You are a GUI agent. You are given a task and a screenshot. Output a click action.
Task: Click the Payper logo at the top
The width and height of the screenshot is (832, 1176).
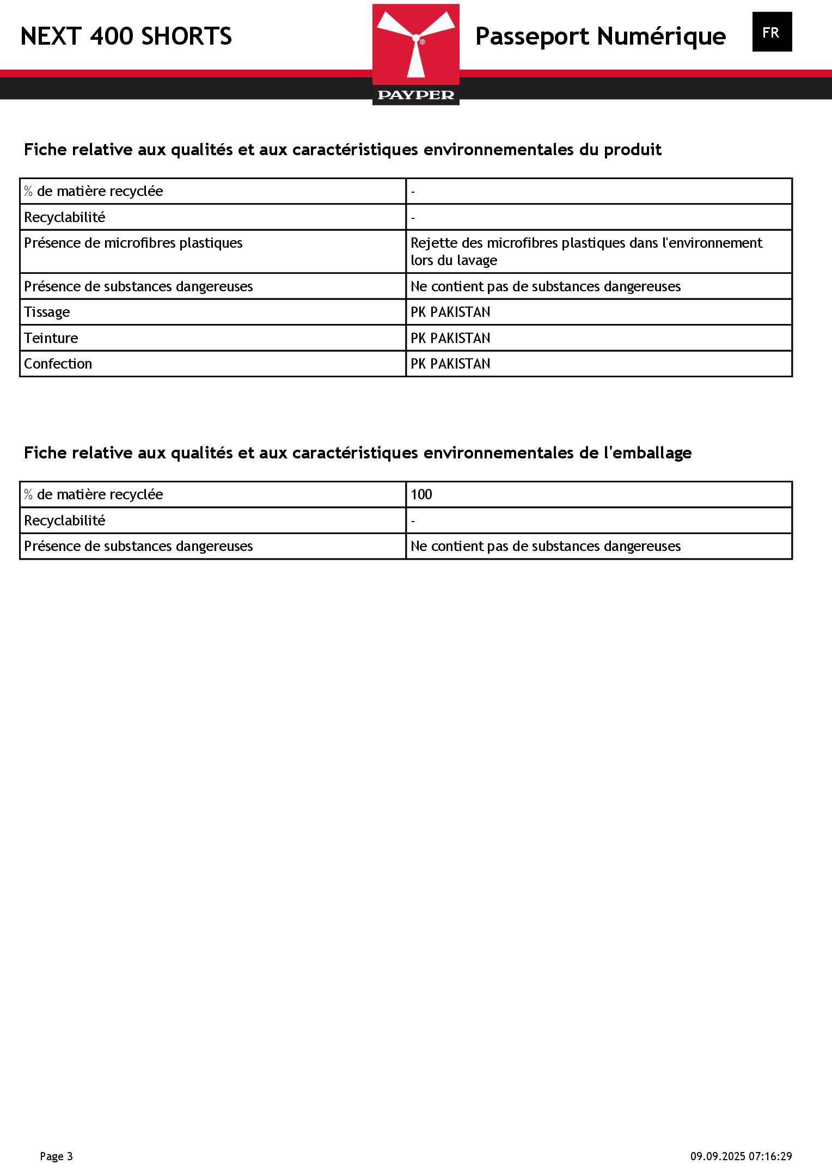[415, 54]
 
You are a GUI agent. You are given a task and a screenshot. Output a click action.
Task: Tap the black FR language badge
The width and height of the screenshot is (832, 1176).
[772, 32]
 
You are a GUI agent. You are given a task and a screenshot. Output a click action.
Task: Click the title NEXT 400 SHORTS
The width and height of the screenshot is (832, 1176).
[126, 36]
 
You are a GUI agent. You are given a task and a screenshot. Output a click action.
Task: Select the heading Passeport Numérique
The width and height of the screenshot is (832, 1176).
[600, 36]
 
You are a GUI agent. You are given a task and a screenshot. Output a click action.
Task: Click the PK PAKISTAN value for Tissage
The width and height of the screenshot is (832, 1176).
[450, 312]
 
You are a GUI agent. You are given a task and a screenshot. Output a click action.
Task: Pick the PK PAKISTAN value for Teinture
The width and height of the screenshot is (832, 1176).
[450, 338]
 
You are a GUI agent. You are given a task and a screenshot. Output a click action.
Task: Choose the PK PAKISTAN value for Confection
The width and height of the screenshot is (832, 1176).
[450, 364]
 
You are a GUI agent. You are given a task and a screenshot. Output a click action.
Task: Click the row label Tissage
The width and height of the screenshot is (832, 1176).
[47, 312]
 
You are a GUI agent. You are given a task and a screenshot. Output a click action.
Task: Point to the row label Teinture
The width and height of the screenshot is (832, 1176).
[51, 338]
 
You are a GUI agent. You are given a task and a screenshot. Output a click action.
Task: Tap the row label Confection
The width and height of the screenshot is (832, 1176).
[58, 364]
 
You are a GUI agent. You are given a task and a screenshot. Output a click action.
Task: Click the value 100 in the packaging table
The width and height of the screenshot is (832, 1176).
[421, 494]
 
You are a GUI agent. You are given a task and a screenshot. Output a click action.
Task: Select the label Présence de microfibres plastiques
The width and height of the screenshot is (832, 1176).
[133, 243]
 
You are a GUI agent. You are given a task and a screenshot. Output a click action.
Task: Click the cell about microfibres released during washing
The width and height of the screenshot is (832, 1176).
[586, 252]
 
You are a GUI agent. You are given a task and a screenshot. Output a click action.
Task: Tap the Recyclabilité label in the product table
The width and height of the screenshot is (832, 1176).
[65, 217]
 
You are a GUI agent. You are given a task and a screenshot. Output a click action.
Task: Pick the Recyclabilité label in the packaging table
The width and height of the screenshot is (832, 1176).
[65, 520]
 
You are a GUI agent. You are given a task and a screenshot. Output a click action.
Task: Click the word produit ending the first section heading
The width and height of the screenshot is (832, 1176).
[633, 150]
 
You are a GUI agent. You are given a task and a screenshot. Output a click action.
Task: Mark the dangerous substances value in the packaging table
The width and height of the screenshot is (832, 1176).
[545, 546]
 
